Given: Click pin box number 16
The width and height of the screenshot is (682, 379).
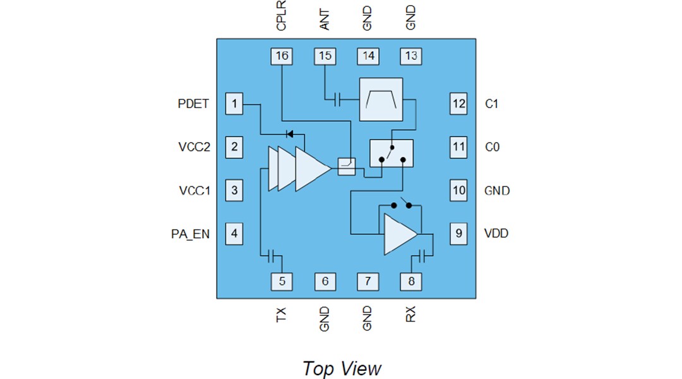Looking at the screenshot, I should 282,56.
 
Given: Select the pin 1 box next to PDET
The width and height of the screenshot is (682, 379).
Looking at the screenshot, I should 234,104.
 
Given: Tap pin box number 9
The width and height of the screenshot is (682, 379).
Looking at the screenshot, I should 458,234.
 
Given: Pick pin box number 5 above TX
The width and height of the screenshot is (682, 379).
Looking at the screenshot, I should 282,281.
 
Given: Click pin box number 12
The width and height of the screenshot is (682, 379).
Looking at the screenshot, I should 458,104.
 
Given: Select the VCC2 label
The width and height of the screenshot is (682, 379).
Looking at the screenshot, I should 194,147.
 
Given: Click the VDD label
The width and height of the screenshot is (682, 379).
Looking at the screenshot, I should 496,234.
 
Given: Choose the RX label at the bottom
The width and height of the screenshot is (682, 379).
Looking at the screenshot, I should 411,314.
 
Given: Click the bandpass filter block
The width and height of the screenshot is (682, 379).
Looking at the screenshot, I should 381,99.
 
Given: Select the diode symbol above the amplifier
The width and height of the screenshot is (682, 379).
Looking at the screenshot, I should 290,133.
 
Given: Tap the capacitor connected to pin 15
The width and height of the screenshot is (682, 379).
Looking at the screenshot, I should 337,99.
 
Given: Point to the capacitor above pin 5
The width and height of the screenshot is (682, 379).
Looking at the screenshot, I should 272,256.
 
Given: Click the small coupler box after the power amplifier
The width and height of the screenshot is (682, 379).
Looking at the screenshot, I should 347,167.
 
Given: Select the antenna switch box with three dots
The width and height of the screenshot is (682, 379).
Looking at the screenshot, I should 391,153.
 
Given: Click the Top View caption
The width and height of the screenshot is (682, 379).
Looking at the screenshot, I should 342,368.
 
